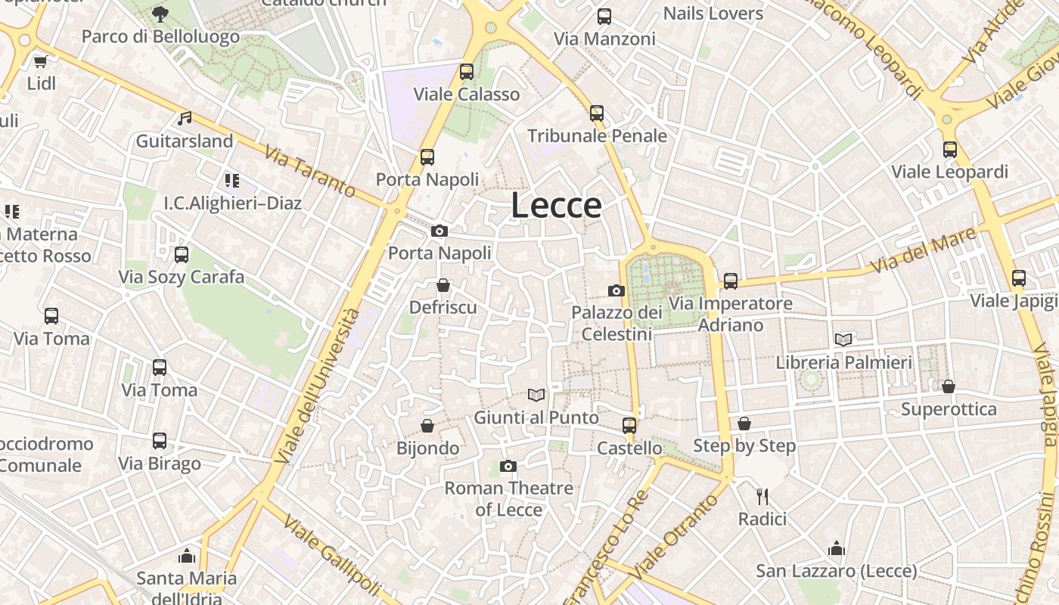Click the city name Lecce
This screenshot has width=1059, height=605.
(x=556, y=206)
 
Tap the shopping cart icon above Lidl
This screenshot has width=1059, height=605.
(x=40, y=61)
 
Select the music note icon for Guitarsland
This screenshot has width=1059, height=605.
(x=185, y=119)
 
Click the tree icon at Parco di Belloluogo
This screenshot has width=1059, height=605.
(x=160, y=14)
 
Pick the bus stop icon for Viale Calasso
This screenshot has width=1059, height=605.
(x=467, y=72)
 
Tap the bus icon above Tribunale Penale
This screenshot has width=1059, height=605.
(x=597, y=113)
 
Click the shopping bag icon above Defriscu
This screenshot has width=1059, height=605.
(x=443, y=285)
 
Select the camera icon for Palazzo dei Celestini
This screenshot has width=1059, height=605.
(x=616, y=290)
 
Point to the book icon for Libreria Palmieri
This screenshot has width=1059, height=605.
(x=843, y=340)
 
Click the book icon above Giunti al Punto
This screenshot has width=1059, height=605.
(x=536, y=395)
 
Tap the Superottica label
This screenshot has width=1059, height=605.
(x=949, y=409)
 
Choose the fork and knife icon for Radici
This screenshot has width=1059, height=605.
(x=762, y=497)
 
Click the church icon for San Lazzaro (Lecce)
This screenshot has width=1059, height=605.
(x=837, y=548)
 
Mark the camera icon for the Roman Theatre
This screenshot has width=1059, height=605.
(x=508, y=466)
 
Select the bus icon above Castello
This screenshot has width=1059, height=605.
(x=629, y=426)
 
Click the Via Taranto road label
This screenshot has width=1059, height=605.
(x=310, y=172)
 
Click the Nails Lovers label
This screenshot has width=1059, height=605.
(x=713, y=14)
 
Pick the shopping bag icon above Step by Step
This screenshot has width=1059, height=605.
(x=744, y=423)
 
